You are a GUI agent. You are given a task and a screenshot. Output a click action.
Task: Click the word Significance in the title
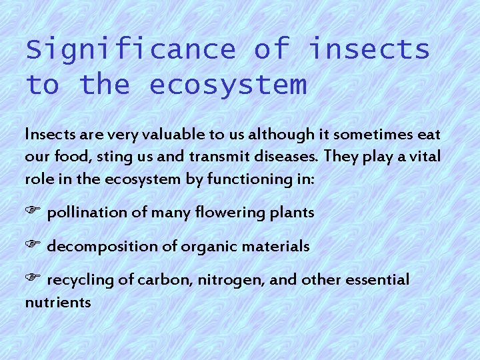pyautogui.click(x=131, y=50)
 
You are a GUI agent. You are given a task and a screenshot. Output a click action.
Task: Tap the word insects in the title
pyautogui.click(x=369, y=50)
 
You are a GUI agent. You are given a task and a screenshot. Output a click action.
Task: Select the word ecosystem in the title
pyautogui.click(x=228, y=85)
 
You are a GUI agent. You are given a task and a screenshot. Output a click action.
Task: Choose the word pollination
pyautogui.click(x=87, y=213)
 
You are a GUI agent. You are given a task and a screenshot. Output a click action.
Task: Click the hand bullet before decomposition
pyautogui.click(x=34, y=246)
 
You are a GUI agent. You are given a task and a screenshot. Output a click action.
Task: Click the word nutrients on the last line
pyautogui.click(x=58, y=303)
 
